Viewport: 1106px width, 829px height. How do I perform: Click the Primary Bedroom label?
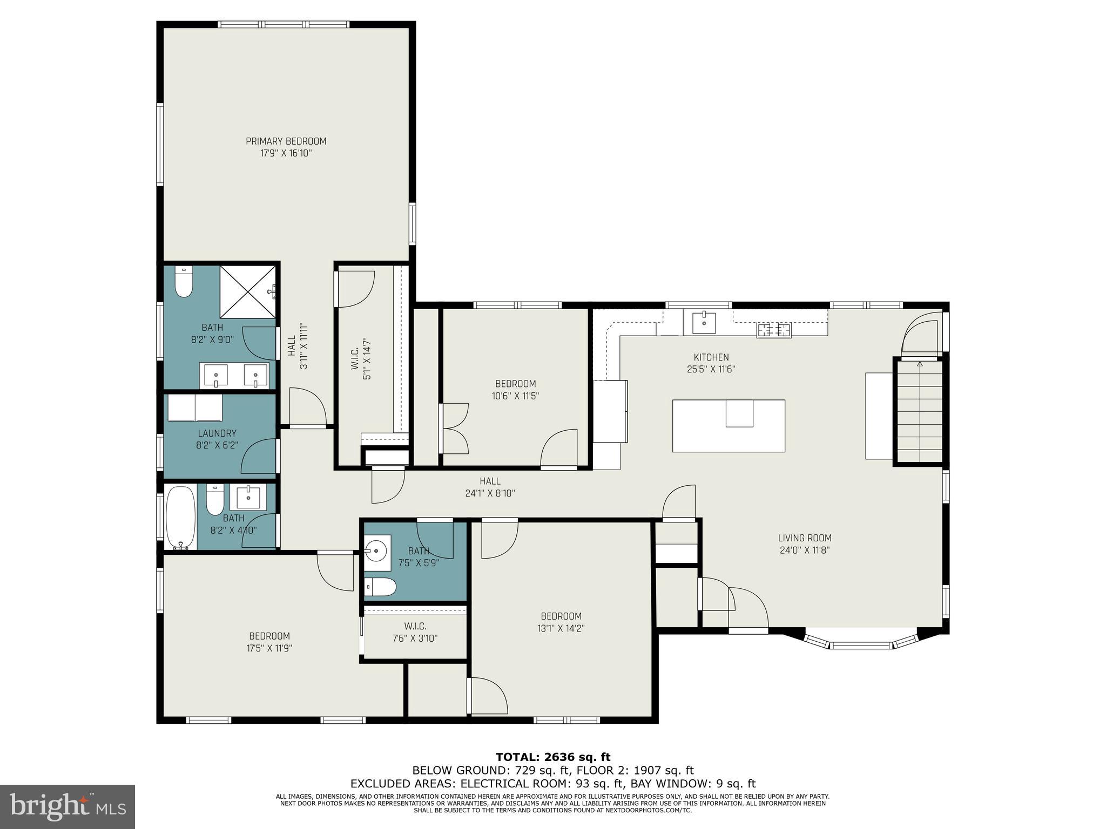[x=286, y=141]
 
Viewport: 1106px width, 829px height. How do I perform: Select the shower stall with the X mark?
[x=248, y=291]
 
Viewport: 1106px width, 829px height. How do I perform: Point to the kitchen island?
[x=728, y=425]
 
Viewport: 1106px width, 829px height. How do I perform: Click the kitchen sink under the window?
[x=704, y=323]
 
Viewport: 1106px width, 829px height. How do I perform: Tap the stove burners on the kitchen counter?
[x=774, y=329]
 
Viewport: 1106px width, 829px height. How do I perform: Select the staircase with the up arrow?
[x=920, y=411]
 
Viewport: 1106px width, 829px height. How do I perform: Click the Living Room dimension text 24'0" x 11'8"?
[x=804, y=551]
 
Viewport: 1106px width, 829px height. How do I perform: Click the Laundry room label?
[x=217, y=433]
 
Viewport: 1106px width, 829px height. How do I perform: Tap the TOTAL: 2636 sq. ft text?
[x=553, y=757]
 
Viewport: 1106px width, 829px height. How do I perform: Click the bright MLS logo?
[x=67, y=806]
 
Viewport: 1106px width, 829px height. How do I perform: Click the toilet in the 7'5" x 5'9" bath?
[x=380, y=587]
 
